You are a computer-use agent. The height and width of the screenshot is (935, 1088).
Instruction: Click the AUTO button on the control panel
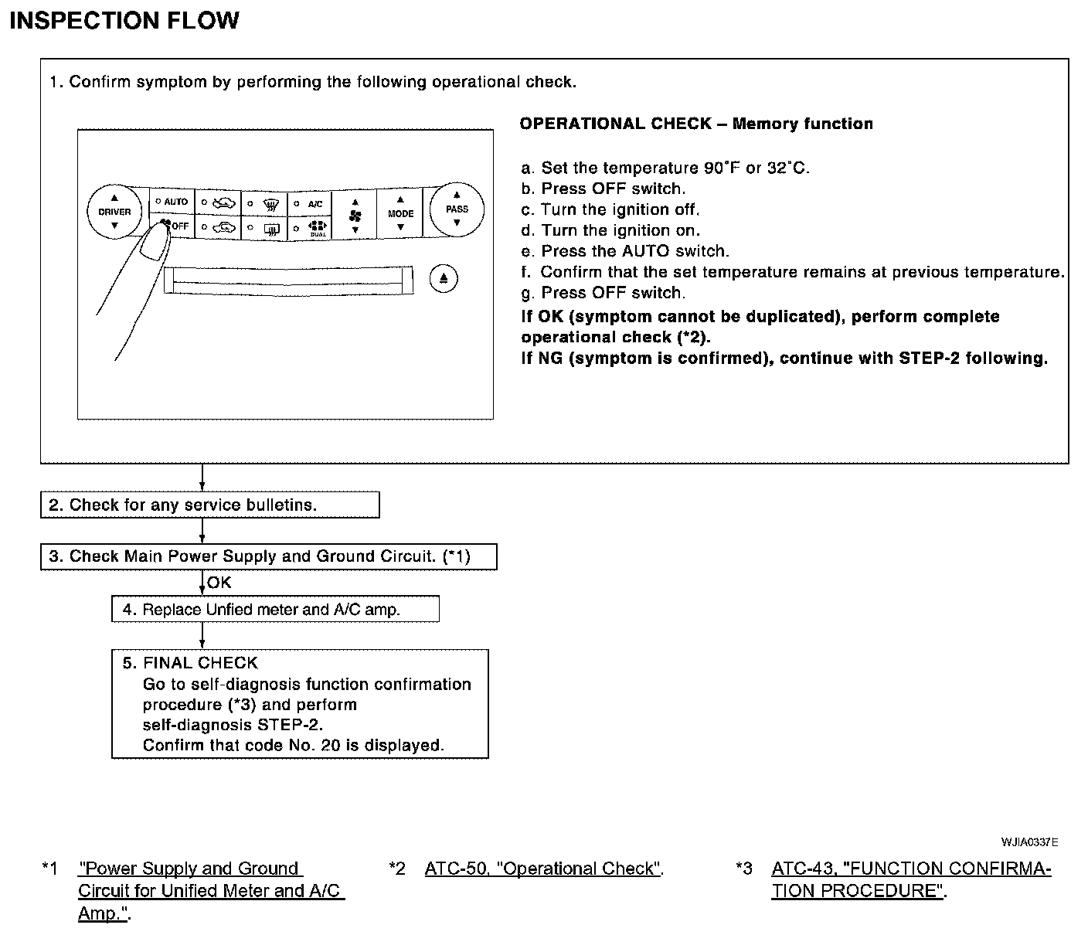pos(172,202)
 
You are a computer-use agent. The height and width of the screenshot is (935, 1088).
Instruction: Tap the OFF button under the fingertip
pos(177,226)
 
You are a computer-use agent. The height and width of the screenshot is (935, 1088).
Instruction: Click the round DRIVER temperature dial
pos(114,212)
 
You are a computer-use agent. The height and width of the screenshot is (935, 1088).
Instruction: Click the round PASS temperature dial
pos(457,209)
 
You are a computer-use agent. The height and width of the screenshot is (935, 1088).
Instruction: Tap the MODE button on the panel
pos(400,214)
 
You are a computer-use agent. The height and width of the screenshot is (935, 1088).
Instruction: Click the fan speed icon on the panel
pos(355,216)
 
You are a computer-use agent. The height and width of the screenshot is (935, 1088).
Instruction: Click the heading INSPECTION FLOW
pos(124,21)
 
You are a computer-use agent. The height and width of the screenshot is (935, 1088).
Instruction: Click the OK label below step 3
pos(219,583)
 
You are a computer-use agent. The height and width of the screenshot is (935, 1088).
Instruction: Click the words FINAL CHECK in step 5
pos(200,663)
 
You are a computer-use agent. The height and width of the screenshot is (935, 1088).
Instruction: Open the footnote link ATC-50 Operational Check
pos(543,869)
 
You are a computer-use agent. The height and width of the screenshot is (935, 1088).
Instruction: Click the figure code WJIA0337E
pos(1029,842)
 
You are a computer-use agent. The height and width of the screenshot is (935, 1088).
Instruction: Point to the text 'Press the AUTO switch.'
pos(634,251)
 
